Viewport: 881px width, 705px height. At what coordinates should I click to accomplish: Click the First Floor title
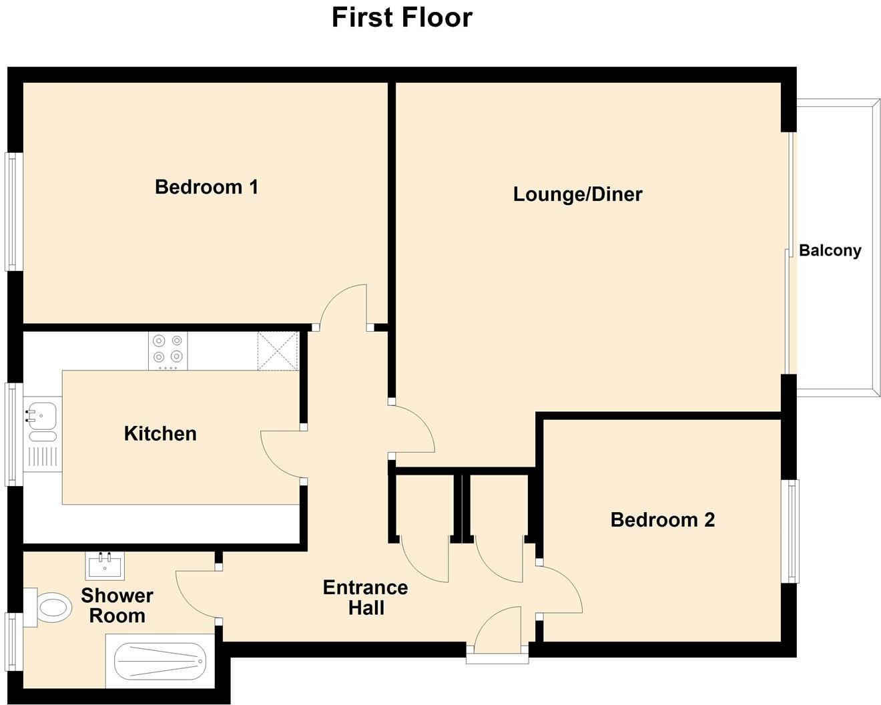click(x=402, y=17)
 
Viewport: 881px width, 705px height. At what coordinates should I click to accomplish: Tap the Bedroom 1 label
click(x=206, y=187)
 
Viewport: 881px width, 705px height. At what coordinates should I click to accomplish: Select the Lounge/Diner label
click(x=577, y=194)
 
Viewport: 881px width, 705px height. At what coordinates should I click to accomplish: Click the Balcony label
click(x=830, y=251)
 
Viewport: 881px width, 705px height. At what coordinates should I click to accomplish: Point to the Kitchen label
click(x=160, y=434)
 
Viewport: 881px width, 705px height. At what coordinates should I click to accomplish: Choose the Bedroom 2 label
click(x=662, y=520)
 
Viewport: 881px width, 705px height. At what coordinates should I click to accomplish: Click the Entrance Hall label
click(x=365, y=598)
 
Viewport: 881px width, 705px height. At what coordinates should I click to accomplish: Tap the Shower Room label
click(x=117, y=606)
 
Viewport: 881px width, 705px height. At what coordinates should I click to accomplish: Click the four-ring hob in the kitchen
click(x=168, y=351)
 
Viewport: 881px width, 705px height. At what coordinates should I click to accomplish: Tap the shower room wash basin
click(x=105, y=567)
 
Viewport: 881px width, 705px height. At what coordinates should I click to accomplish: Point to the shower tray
click(x=160, y=661)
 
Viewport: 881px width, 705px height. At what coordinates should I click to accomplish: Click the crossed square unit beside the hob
click(x=277, y=350)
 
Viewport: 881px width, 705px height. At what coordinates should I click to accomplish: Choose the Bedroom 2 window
click(x=791, y=531)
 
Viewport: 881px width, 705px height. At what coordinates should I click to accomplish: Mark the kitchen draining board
click(x=43, y=456)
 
